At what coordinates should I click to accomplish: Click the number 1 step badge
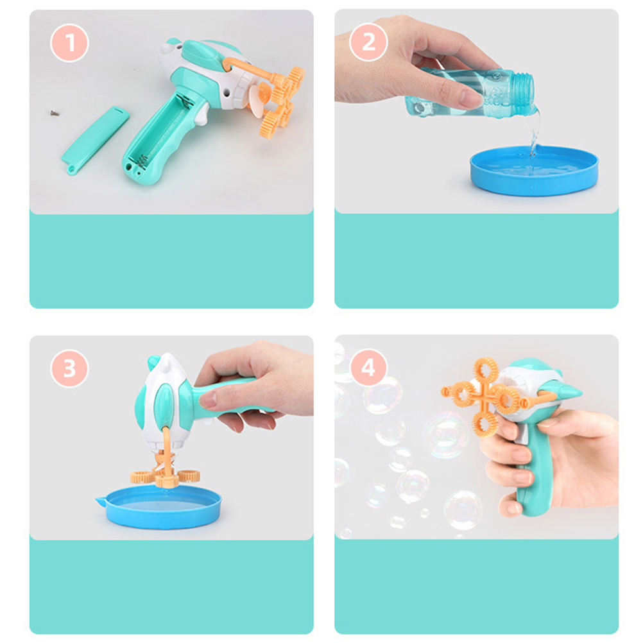pyautogui.click(x=69, y=42)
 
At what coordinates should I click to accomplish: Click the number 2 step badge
pyautogui.click(x=368, y=42)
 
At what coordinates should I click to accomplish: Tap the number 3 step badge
pyautogui.click(x=69, y=368)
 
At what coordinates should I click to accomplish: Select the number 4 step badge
pyautogui.click(x=368, y=368)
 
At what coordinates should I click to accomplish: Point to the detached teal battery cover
pyautogui.click(x=95, y=141)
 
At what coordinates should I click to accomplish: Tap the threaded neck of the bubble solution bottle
pyautogui.click(x=524, y=94)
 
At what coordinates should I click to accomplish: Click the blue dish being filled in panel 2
pyautogui.click(x=534, y=170)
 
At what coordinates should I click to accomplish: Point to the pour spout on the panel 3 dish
pyautogui.click(x=101, y=501)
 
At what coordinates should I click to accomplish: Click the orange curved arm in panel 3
pyautogui.click(x=167, y=445)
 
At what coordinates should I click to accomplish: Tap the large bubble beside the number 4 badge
pyautogui.click(x=382, y=395)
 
